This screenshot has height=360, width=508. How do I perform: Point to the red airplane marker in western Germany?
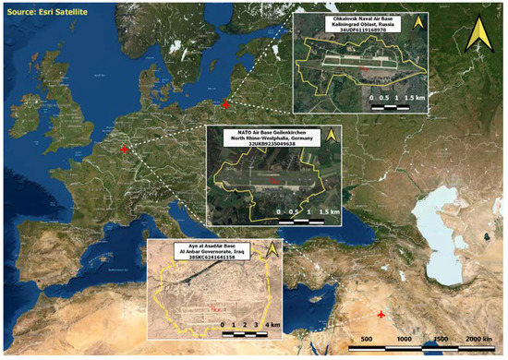(x=126, y=148)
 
